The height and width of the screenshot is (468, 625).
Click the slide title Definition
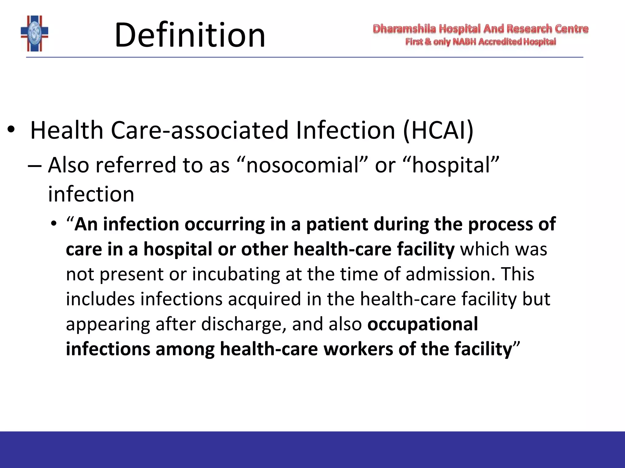pyautogui.click(x=190, y=35)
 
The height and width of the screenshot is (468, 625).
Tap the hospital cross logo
pyautogui.click(x=34, y=34)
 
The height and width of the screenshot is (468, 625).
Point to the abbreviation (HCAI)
pyautogui.click(x=438, y=130)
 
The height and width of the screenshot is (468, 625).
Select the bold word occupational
pyautogui.click(x=423, y=324)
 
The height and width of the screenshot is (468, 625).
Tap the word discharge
pyautogui.click(x=244, y=324)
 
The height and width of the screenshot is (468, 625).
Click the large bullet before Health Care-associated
pyautogui.click(x=11, y=130)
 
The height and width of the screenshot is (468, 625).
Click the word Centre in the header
pyautogui.click(x=572, y=29)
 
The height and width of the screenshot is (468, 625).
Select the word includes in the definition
pyautogui.click(x=100, y=299)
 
